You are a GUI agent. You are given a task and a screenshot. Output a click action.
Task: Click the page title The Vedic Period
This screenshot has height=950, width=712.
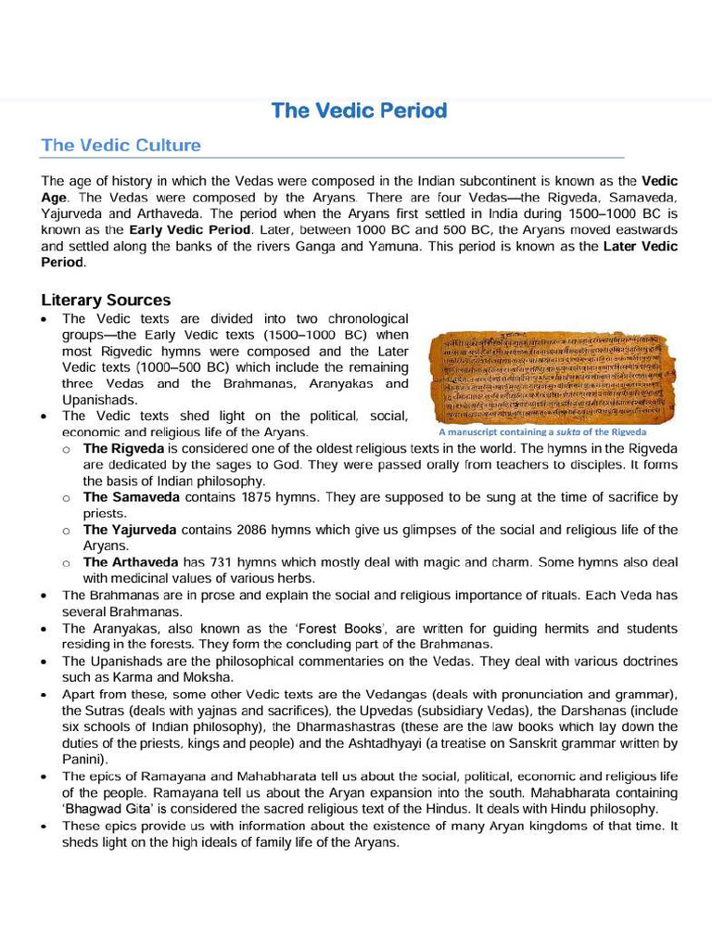point(359,111)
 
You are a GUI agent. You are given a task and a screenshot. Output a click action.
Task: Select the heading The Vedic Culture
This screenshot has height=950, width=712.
point(121,146)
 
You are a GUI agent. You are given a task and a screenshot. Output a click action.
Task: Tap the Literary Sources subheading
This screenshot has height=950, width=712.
point(106,301)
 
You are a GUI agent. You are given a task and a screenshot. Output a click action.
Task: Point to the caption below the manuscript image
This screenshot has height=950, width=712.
point(542,432)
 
